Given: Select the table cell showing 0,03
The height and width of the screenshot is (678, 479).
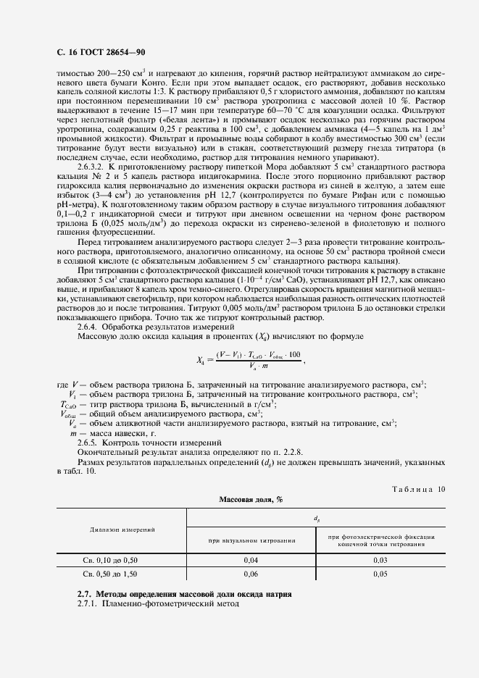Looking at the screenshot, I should click(380, 561).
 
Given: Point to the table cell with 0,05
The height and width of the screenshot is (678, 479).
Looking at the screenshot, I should click(380, 575).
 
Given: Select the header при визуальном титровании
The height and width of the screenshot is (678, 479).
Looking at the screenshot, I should click(251, 540).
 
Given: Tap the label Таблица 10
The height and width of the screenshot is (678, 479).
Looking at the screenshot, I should click(418, 490).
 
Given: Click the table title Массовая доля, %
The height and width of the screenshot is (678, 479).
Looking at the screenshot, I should click(251, 500).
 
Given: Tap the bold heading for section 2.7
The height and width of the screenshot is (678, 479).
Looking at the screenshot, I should click(184, 594).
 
